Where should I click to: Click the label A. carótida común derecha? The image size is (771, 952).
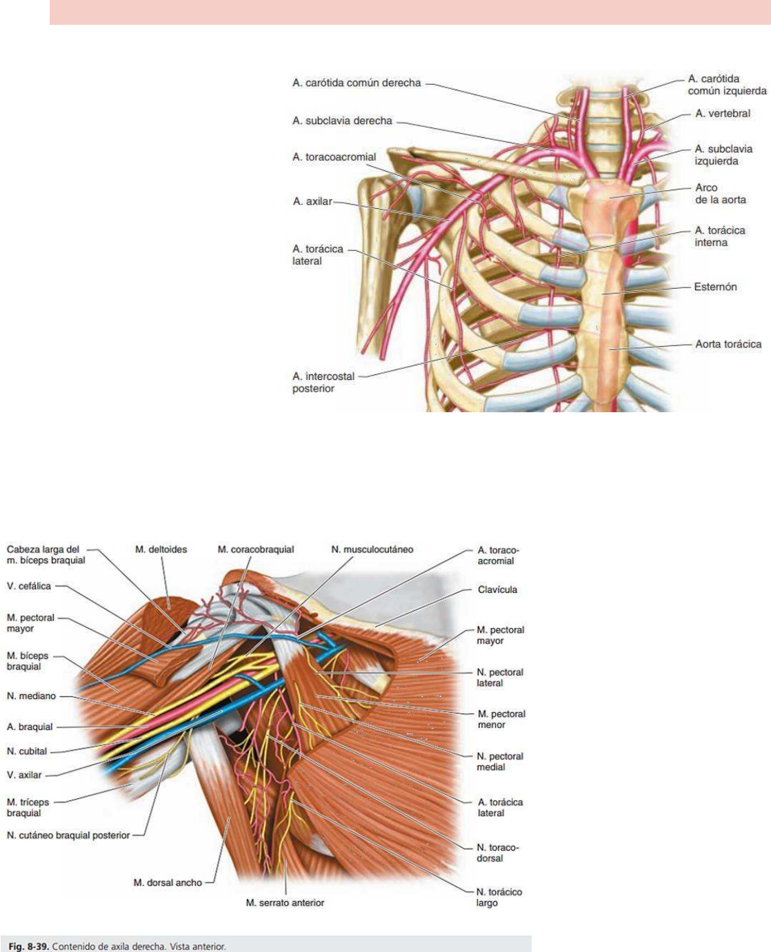coord(356,83)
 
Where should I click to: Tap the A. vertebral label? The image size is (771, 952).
coord(722,114)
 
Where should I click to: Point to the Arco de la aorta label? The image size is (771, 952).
coord(720,194)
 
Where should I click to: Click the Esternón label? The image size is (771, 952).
coord(715,287)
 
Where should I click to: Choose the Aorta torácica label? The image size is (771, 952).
coord(728,344)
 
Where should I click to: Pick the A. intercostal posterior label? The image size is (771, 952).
coord(323,383)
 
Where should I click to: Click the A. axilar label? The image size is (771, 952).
coord(312,201)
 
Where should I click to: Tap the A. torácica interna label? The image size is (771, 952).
coord(719,236)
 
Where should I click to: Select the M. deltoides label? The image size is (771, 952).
coord(161,549)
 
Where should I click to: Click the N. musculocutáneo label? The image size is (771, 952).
coord(372,549)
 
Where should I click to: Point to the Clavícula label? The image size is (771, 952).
coord(497,590)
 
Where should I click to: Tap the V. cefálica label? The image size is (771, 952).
coord(29,586)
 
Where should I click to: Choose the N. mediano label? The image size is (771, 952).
coord(31,696)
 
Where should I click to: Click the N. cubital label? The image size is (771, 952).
coord(27,751)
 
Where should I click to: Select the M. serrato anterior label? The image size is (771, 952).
coord(285,902)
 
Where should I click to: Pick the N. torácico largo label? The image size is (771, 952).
coord(499,898)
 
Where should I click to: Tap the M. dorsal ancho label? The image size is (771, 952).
coord(168,882)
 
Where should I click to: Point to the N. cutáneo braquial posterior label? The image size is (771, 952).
coord(68,835)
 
